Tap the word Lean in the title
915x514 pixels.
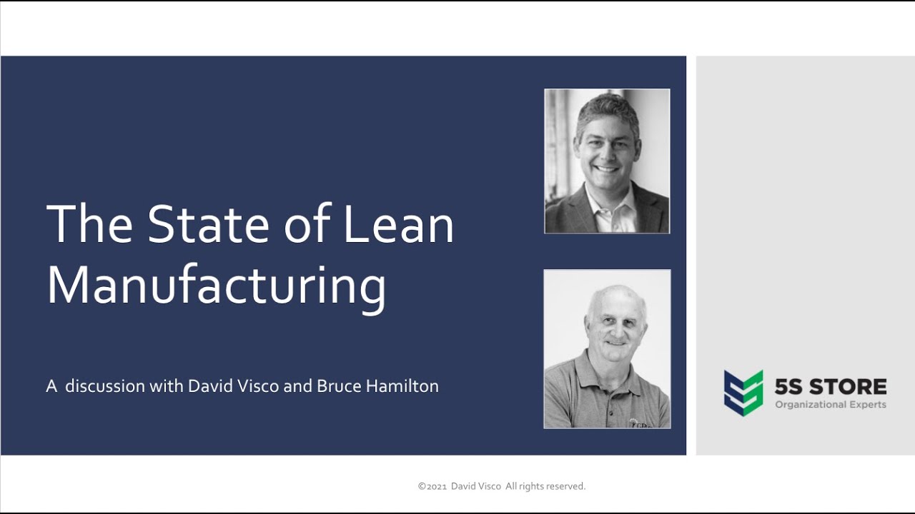click(398, 224)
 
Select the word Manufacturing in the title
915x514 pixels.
click(217, 286)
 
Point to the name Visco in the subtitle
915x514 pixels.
click(258, 386)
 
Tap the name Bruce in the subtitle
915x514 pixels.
click(339, 386)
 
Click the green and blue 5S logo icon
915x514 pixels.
click(743, 393)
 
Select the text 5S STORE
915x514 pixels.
click(831, 387)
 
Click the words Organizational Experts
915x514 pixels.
click(831, 405)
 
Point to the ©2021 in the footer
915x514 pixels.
click(432, 486)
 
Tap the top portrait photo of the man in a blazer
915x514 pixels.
click(607, 161)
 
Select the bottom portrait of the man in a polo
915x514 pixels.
click(607, 349)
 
